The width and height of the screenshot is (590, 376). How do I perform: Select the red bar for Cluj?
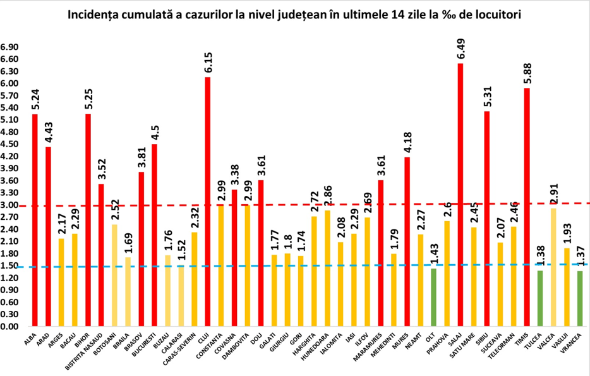[207, 202]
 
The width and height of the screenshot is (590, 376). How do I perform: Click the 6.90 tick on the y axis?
[10, 47]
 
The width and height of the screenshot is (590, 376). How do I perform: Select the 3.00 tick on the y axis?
[10, 205]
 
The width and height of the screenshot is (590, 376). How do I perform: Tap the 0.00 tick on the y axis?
[10, 327]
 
